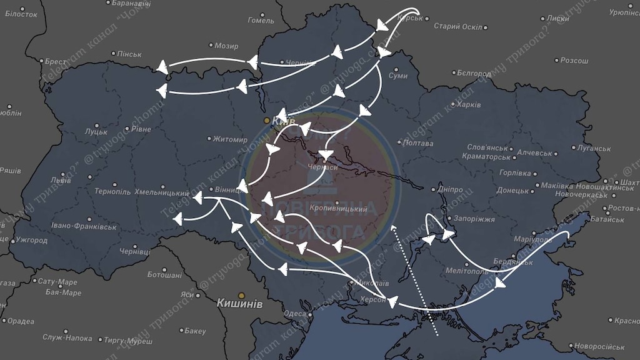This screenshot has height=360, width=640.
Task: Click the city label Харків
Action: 468,104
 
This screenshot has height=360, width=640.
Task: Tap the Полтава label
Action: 419,143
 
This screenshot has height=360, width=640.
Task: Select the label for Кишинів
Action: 239,303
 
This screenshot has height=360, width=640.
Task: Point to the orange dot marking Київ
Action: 267,120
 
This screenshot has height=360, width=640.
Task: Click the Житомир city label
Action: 230,139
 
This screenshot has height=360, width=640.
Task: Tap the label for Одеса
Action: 295,314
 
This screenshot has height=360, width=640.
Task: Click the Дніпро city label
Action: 451,189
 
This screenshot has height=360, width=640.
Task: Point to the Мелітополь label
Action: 467,271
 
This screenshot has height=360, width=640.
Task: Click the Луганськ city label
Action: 592,148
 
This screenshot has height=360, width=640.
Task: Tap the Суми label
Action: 398,76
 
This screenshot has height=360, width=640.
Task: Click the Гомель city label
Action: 261,20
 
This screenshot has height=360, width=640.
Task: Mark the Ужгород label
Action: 31,240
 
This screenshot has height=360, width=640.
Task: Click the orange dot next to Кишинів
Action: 241,295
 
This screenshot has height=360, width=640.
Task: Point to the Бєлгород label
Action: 474,73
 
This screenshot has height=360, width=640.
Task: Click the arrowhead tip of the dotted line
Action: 393,226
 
